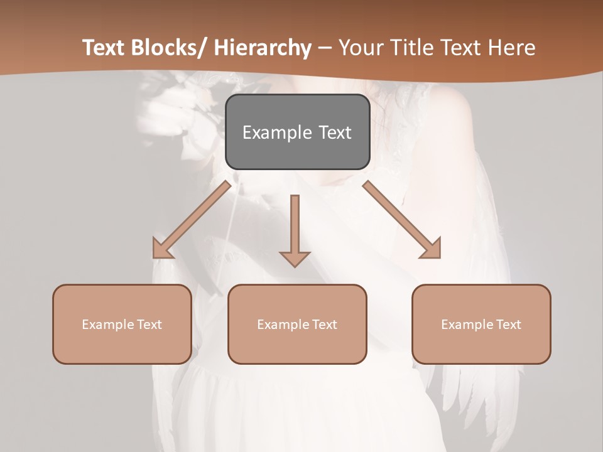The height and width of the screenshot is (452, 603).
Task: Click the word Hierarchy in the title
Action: point(262,48)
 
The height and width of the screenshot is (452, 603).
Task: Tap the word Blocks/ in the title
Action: point(168,48)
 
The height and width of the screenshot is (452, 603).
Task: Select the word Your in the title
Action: point(360,48)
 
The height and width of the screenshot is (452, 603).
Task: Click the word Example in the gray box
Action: point(277,132)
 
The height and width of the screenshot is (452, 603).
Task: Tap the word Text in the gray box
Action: point(334,132)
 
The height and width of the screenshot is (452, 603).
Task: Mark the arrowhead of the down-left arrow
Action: point(161,250)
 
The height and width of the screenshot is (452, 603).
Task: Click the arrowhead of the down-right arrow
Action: point(432,249)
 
